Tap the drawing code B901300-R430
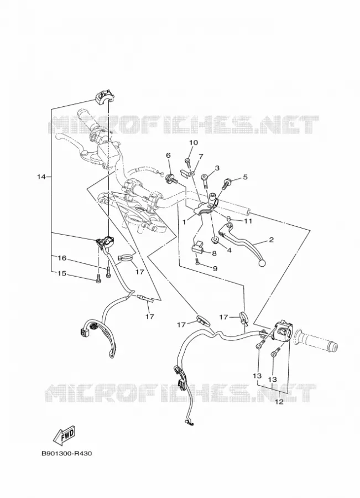point(67,453)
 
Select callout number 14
point(41,177)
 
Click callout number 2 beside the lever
point(271,240)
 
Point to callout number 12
point(279,402)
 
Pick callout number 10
point(194,143)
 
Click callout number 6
point(168,155)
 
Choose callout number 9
point(215,269)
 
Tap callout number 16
point(62,258)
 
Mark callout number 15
point(62,273)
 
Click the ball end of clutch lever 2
point(262,263)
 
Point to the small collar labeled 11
point(228,218)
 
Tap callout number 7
point(201,156)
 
